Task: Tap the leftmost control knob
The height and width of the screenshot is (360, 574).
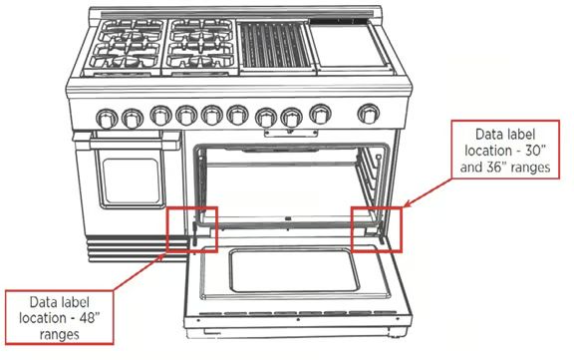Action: coord(104,118)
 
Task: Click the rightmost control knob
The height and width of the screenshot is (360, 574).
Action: coord(369,113)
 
